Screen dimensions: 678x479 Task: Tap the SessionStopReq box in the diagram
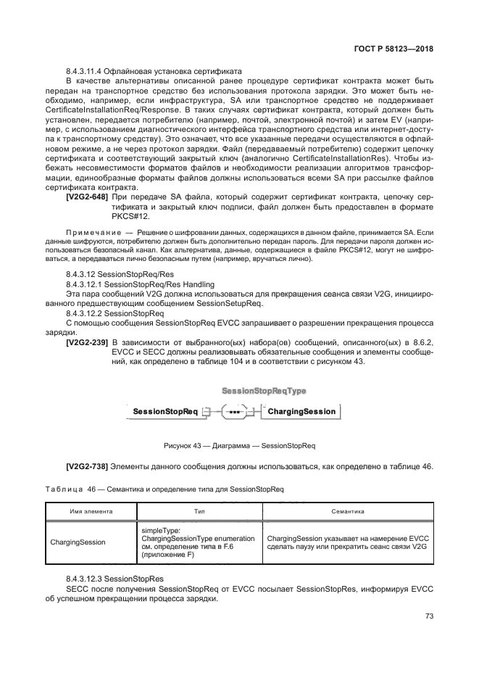pos(154,412)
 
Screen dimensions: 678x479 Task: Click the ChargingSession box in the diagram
pos(281,412)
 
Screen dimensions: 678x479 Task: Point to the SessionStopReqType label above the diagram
pos(263,391)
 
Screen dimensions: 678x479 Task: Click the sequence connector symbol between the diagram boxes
pos(214,412)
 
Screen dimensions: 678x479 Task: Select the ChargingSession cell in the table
pos(78,542)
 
